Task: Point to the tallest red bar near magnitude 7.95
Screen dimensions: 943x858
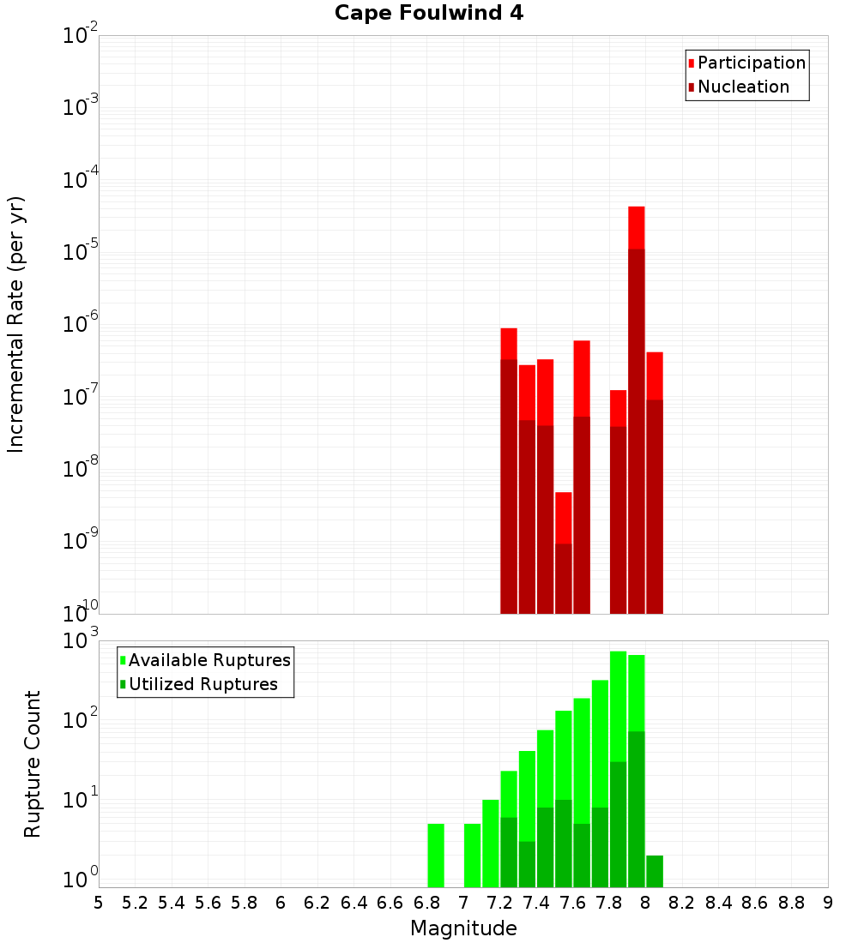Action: [637, 228]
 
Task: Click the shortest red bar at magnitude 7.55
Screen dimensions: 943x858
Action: [564, 518]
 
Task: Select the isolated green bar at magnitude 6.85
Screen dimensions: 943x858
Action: [436, 855]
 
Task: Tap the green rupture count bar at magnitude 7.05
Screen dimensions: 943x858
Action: [472, 855]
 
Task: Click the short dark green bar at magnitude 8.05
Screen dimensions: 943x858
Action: [655, 871]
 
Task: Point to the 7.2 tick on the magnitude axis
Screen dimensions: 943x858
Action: [499, 903]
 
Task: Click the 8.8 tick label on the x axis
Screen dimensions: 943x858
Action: [791, 903]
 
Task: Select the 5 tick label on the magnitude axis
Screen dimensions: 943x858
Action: [99, 903]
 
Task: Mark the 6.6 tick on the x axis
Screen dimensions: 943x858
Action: [390, 903]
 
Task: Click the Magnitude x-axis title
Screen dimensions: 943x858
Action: [463, 928]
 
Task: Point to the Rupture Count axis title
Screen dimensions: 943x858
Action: [33, 763]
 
